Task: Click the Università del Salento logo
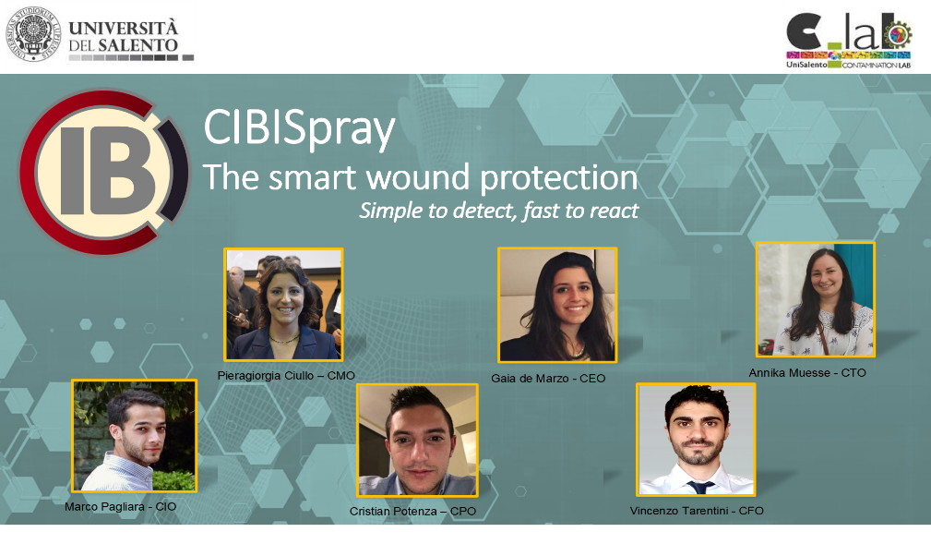100,36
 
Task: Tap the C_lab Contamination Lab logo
847,36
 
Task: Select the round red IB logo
103,172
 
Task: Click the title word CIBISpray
299,130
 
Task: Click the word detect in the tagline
480,211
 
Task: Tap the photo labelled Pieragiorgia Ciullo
283,304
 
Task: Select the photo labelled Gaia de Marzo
557,305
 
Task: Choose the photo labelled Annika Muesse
815,299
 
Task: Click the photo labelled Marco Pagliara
134,435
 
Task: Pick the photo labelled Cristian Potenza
417,441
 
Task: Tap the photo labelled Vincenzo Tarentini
696,440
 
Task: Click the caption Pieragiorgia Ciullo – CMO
286,375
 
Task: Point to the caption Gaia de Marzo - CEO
548,378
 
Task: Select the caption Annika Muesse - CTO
807,372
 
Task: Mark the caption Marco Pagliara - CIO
120,506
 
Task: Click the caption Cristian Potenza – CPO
412,511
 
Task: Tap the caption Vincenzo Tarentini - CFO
697,511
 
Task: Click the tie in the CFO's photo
699,486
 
